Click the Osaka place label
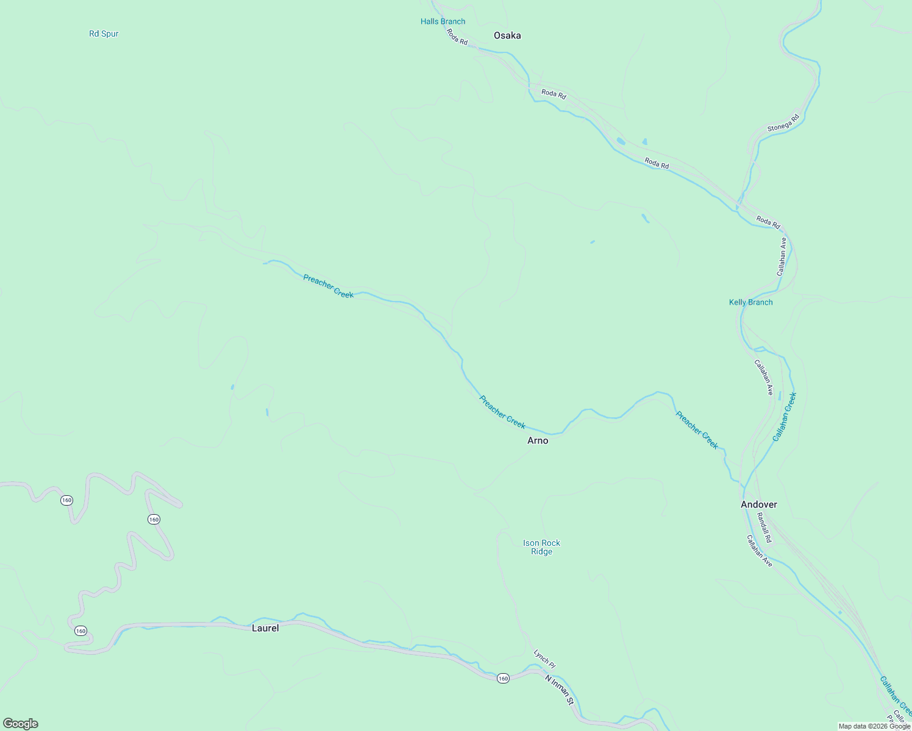tap(507, 35)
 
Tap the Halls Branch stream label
tap(443, 21)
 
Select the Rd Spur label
tap(104, 34)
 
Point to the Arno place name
tap(538, 440)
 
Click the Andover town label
tap(758, 504)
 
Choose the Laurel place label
tap(265, 628)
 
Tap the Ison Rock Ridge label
tap(541, 547)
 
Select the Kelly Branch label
tap(750, 302)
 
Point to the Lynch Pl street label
tap(544, 659)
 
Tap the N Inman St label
tap(560, 690)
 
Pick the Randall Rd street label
tap(764, 528)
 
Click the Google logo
tap(21, 724)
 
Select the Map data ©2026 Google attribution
tap(874, 726)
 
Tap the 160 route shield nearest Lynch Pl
tap(502, 679)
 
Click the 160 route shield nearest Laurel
tap(80, 630)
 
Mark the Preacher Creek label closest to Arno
tap(502, 412)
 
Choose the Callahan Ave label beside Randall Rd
tap(760, 551)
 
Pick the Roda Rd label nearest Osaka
tap(457, 37)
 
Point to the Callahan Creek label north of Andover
tap(785, 417)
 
